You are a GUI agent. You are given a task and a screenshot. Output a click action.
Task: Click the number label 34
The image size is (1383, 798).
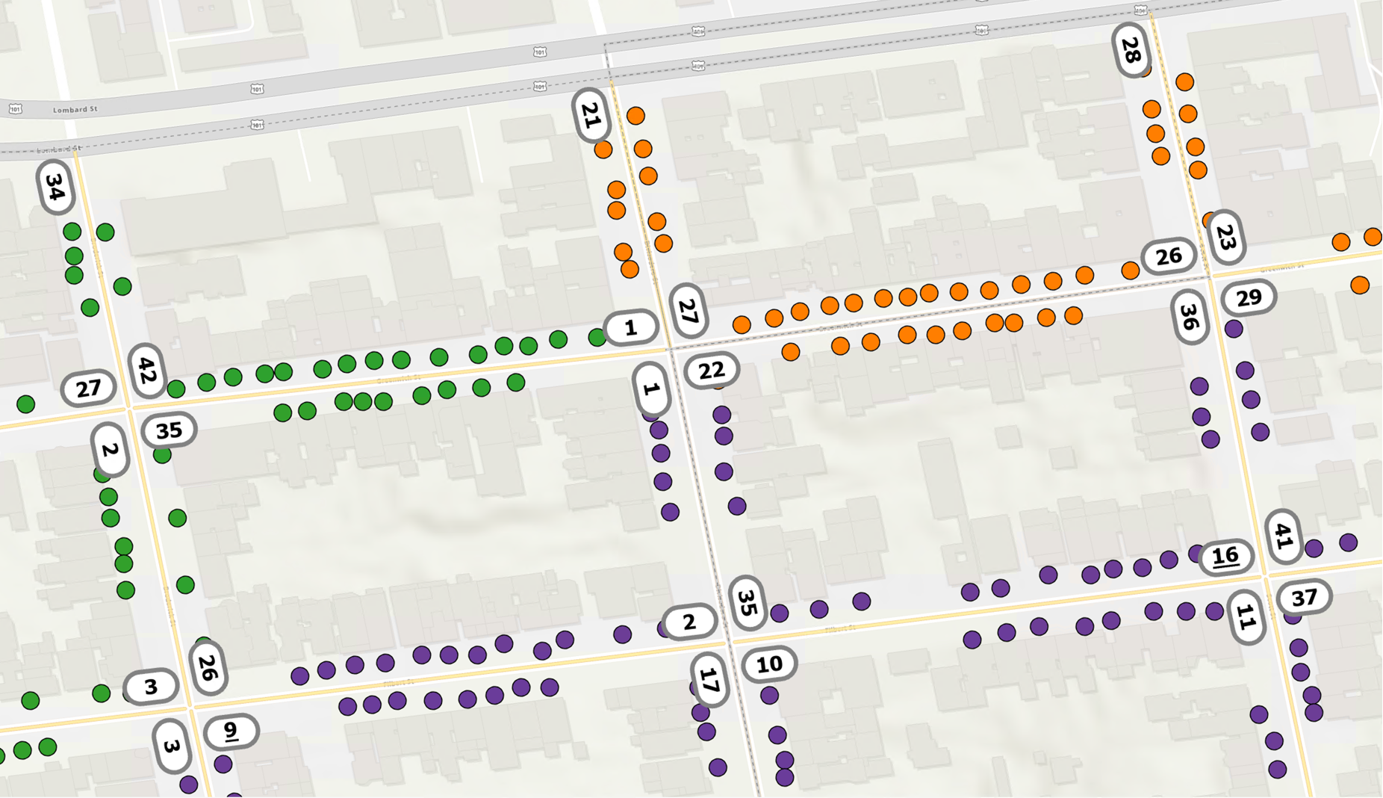[55, 187]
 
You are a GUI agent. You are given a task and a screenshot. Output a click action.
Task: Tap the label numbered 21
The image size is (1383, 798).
[591, 115]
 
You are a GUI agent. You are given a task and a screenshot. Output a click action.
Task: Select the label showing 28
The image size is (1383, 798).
[1131, 50]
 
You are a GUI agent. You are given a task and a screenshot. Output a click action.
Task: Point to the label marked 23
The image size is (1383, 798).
[1226, 237]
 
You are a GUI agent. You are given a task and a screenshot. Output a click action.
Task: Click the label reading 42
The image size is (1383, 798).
[147, 370]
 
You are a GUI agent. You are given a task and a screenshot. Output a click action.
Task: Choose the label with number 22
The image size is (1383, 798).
[711, 370]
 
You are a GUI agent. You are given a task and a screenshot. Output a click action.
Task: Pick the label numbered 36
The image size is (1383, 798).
[1190, 317]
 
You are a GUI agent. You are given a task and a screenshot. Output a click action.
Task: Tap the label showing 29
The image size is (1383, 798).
[1249, 298]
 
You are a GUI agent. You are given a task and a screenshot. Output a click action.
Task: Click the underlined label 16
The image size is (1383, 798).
[1225, 556]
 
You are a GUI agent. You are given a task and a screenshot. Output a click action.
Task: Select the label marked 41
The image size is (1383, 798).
[1284, 535]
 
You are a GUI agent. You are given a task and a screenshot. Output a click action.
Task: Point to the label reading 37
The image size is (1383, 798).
[1304, 598]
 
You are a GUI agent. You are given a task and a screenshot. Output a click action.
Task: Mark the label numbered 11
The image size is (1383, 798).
[1246, 617]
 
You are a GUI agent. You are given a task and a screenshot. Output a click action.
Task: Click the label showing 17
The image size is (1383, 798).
[709, 679]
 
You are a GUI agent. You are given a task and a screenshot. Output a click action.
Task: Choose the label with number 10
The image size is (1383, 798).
[769, 664]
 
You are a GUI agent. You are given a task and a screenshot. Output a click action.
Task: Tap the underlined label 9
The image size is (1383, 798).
[231, 731]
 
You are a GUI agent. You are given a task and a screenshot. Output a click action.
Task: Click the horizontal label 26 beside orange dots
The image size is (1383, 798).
[1169, 257]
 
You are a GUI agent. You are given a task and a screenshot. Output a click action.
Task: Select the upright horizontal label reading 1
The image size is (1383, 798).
[630, 327]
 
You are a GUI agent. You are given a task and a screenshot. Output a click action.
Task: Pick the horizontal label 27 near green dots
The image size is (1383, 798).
[88, 389]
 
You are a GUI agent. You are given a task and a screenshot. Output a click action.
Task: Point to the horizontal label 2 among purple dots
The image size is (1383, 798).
[689, 622]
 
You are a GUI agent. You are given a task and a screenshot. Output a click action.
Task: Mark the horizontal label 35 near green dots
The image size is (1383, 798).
[169, 430]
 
